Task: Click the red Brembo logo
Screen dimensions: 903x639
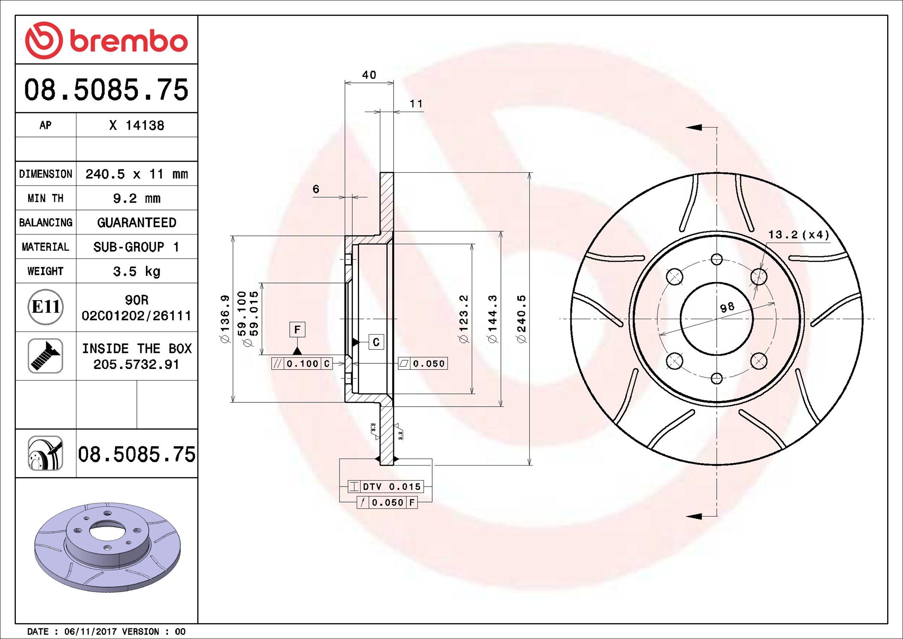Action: (106, 40)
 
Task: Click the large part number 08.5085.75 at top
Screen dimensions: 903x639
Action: (106, 90)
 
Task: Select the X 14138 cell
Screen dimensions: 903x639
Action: (136, 125)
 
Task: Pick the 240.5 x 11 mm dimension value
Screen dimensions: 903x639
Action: (136, 174)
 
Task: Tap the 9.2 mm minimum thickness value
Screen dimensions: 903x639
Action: (136, 198)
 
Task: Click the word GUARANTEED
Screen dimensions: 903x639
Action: (136, 222)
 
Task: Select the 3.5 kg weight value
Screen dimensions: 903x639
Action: (136, 271)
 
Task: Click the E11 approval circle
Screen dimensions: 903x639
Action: (45, 307)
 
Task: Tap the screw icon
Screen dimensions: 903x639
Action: (45, 356)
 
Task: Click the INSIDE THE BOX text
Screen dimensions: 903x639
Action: (136, 348)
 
